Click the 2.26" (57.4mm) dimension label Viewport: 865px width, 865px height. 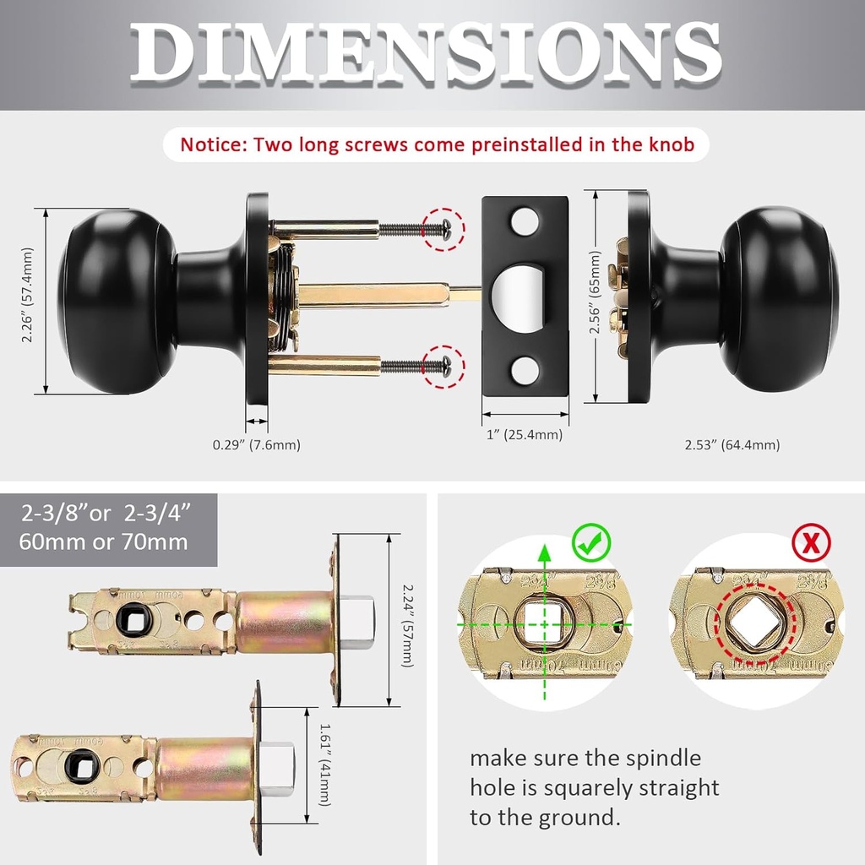pyautogui.click(x=28, y=295)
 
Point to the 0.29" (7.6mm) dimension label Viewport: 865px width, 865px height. pyautogui.click(x=256, y=444)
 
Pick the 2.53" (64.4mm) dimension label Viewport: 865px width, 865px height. pyautogui.click(x=732, y=444)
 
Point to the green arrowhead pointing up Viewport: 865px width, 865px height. pyautogui.click(x=544, y=554)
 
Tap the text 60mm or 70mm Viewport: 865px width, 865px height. pyautogui.click(x=103, y=541)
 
